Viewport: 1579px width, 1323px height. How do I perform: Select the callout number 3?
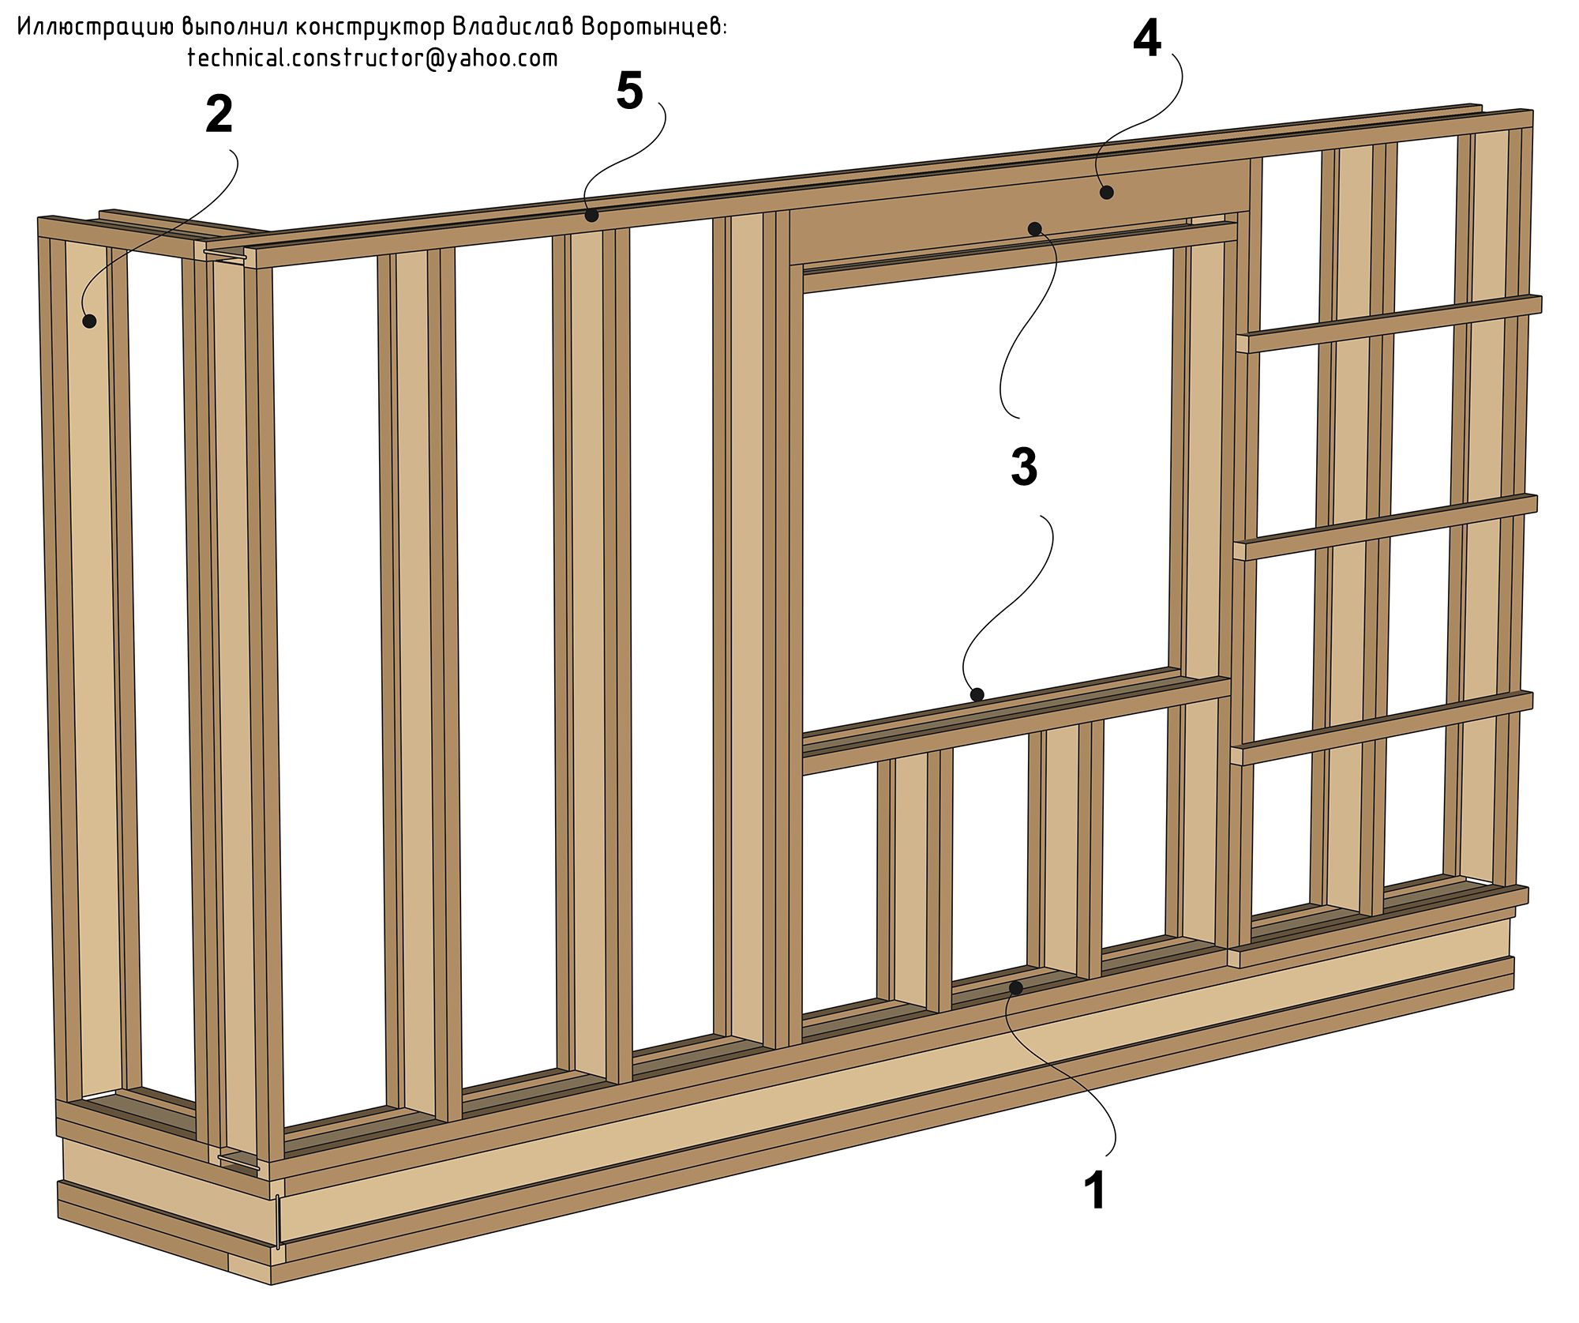(1024, 467)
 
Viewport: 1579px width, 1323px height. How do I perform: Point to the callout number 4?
(1147, 39)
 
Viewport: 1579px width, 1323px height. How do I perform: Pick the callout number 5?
(629, 91)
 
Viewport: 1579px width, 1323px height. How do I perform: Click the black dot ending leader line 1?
(1016, 987)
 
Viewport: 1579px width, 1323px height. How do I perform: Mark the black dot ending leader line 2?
(89, 321)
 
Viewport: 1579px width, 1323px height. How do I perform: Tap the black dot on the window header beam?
(1107, 192)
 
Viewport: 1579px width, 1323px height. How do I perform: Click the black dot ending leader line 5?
(591, 215)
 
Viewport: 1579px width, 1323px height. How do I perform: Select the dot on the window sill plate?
(977, 694)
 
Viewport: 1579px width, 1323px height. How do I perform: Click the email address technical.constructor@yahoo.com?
(373, 58)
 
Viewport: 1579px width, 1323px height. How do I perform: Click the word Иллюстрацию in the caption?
(95, 28)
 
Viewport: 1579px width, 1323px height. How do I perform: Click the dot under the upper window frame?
(1034, 228)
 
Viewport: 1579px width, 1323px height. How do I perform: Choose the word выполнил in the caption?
(233, 28)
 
